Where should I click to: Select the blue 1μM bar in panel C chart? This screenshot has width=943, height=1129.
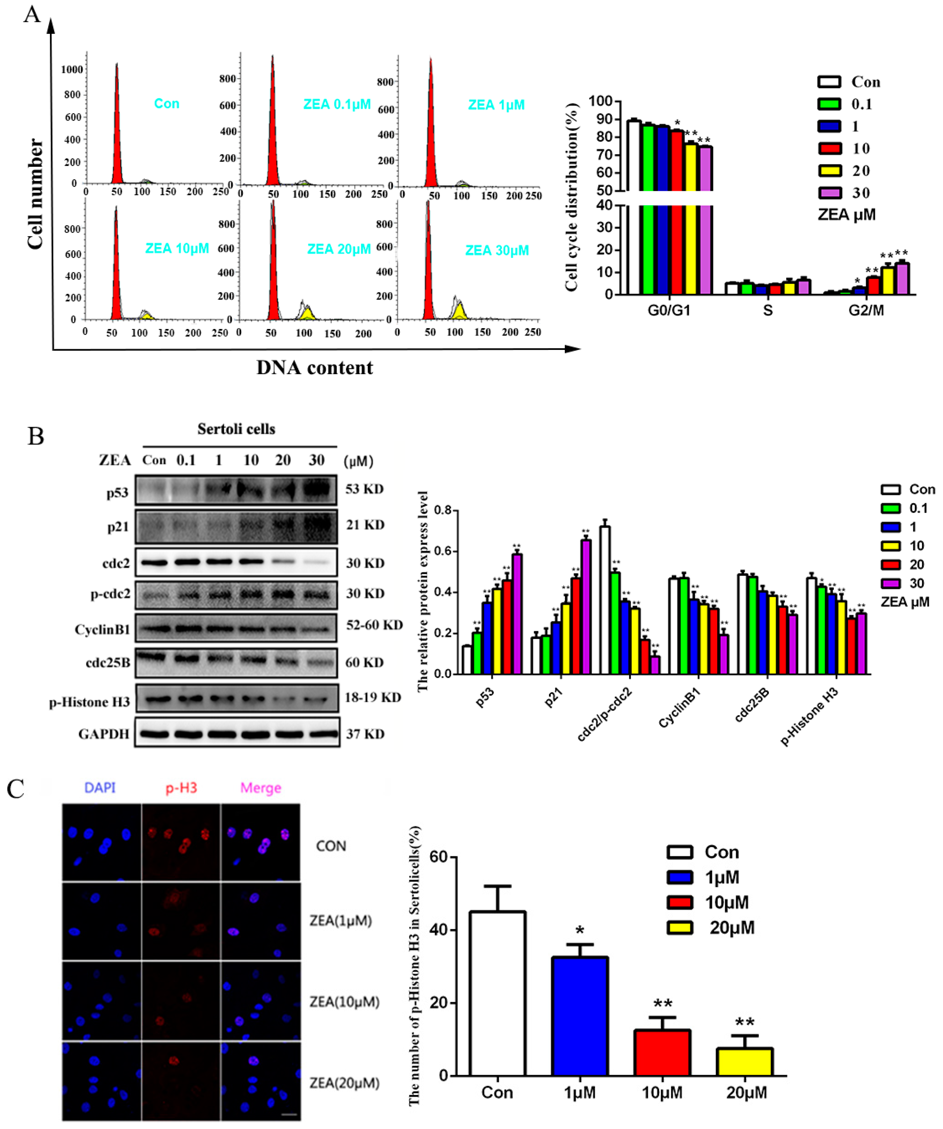coord(579,1016)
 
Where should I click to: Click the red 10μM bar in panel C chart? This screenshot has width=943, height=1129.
coord(662,1053)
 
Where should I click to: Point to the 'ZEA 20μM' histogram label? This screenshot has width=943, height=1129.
coord(339,249)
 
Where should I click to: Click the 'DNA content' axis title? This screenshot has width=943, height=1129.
coord(315,368)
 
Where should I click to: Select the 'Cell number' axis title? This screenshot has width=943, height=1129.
coord(35,194)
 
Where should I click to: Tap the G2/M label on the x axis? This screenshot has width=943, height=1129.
coord(866,310)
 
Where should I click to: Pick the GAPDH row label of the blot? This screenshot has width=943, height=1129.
coord(104,734)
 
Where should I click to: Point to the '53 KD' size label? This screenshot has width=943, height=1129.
coord(365,489)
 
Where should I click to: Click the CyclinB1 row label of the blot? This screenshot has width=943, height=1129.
coord(102,630)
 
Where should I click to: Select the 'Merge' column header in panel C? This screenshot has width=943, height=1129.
coord(261,788)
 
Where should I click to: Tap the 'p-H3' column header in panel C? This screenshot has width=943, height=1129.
coord(181,788)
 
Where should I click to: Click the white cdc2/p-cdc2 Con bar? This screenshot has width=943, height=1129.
coord(605,599)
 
